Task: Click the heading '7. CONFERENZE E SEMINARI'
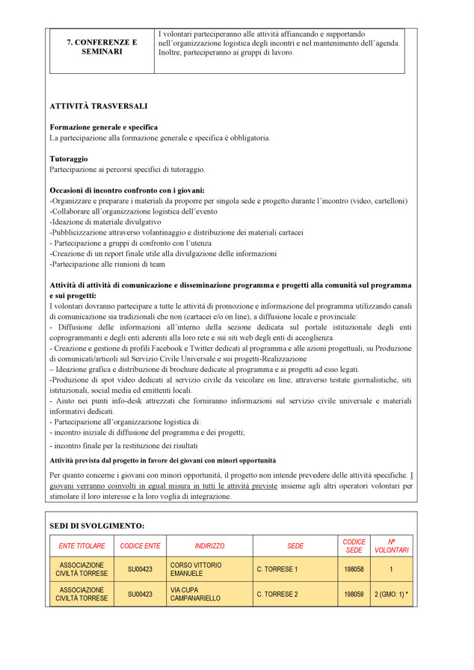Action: pyautogui.click(x=102, y=47)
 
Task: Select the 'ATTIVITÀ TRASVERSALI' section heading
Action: pyautogui.click(x=98, y=106)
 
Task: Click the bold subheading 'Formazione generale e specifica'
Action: pyautogui.click(x=103, y=127)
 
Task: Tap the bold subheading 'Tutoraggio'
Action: pyautogui.click(x=69, y=158)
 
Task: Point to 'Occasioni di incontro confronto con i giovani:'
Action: pyautogui.click(x=126, y=190)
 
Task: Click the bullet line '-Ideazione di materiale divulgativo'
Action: pyautogui.click(x=105, y=222)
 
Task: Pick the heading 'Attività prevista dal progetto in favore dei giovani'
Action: pyautogui.click(x=162, y=460)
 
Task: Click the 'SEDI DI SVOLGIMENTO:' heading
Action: pyautogui.click(x=96, y=525)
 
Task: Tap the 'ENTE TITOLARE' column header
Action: pyautogui.click(x=82, y=546)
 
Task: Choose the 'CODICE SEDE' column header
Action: pyautogui.click(x=354, y=546)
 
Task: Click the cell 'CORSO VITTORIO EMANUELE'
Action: pyautogui.click(x=196, y=569)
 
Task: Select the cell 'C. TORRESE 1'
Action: pyautogui.click(x=277, y=569)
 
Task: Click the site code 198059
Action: pyautogui.click(x=354, y=595)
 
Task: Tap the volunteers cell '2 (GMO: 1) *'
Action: pyautogui.click(x=391, y=595)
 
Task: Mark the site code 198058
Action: pyautogui.click(x=354, y=569)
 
